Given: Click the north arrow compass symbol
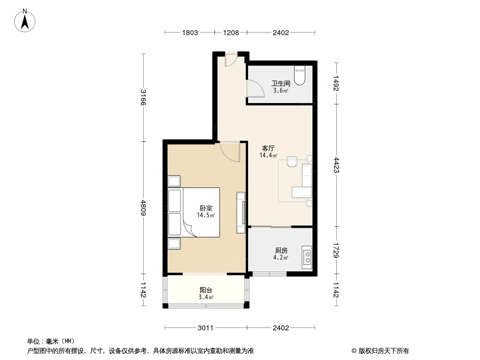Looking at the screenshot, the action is (25, 20).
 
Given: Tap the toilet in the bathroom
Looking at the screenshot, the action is (299, 76).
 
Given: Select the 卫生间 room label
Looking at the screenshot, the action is (281, 83).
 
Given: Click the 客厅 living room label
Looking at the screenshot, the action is (268, 148).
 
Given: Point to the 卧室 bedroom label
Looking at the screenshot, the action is (206, 208).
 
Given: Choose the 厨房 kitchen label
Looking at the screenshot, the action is (281, 251).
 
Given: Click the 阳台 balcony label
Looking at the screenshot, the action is (206, 290).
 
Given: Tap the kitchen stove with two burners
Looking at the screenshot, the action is (307, 257).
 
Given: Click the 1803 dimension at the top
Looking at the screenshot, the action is (190, 33).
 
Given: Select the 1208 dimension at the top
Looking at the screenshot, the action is (231, 33).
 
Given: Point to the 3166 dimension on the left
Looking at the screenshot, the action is (143, 97).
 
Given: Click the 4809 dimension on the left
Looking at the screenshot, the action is (143, 207).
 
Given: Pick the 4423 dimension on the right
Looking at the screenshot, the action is (337, 165).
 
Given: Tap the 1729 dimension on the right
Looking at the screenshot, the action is (337, 250).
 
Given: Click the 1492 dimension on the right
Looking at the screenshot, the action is (337, 83).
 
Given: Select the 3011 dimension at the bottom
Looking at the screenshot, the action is (205, 328).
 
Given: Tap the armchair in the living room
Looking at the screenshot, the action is (292, 162).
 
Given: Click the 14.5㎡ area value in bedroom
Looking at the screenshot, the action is (206, 216).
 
